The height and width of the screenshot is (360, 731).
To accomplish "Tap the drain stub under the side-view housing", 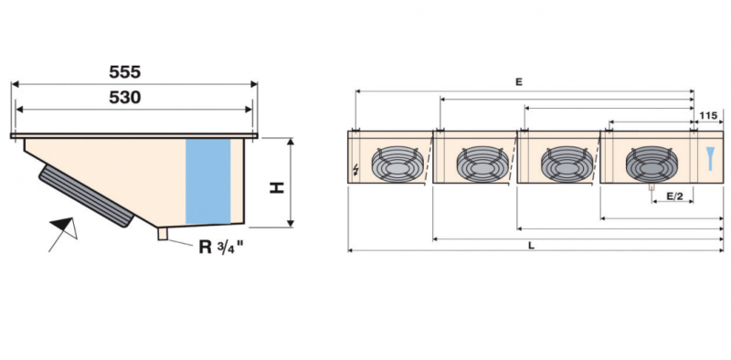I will (x=164, y=235).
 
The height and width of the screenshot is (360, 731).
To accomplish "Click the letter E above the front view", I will (x=518, y=82).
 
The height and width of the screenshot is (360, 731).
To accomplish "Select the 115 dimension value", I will (x=707, y=115).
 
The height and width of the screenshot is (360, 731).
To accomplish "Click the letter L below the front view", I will (x=531, y=245).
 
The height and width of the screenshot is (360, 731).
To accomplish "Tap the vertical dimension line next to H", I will (x=291, y=183).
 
